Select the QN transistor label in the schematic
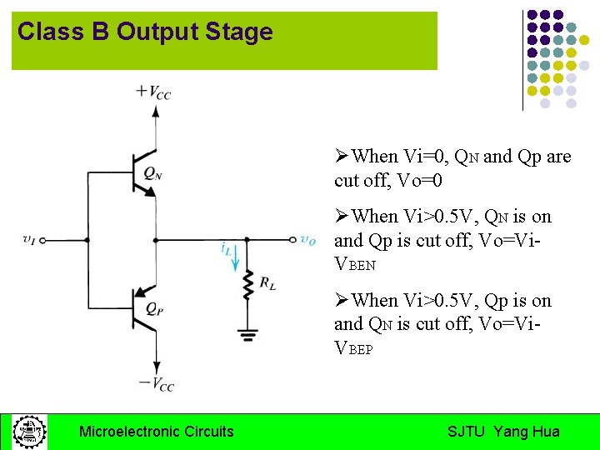pyautogui.click(x=152, y=173)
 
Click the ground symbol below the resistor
pyautogui.click(x=247, y=336)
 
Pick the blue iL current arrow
pyautogui.click(x=235, y=260)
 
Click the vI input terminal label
pyautogui.click(x=29, y=240)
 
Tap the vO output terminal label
pyautogui.click(x=307, y=240)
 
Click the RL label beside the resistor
pyautogui.click(x=267, y=284)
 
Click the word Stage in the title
pyautogui.click(x=242, y=32)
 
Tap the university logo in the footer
pyautogui.click(x=29, y=432)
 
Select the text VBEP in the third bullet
pyautogui.click(x=354, y=348)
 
